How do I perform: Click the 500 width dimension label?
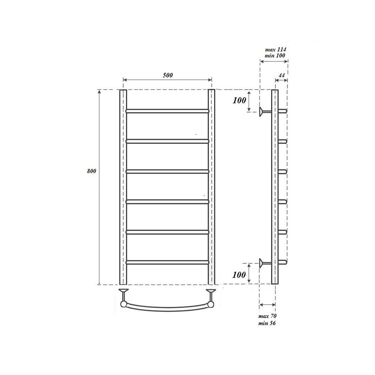(x=168, y=75)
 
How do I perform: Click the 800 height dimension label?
(x=91, y=171)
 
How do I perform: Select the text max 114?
(x=276, y=49)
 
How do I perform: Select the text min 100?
(x=276, y=56)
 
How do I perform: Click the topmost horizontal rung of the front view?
(x=167, y=111)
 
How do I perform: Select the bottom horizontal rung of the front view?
(x=167, y=262)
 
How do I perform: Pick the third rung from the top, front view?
(x=167, y=171)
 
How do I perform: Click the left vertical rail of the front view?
(x=123, y=187)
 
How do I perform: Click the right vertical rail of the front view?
(x=211, y=187)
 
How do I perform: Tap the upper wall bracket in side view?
(x=265, y=111)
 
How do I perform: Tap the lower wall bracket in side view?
(x=265, y=262)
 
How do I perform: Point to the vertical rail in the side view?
(x=275, y=187)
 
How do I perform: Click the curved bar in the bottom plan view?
(x=167, y=307)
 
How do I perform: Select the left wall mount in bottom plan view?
(x=123, y=291)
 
